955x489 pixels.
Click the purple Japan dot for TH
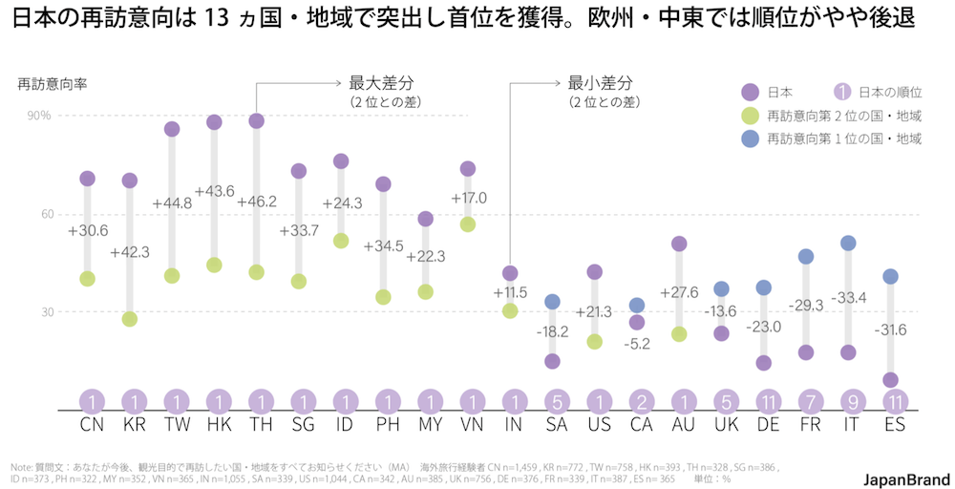(x=256, y=121)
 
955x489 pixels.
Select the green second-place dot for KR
(x=130, y=319)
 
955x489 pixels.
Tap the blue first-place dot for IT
(x=847, y=244)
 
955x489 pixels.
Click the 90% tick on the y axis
(x=39, y=116)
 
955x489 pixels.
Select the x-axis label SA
(x=552, y=423)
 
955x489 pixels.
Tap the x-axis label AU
(x=679, y=423)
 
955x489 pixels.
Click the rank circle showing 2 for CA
(x=637, y=401)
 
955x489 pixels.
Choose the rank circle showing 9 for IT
(x=847, y=401)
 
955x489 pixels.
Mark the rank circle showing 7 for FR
(x=805, y=401)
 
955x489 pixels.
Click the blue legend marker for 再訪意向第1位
(x=750, y=138)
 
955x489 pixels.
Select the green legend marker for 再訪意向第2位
(x=750, y=116)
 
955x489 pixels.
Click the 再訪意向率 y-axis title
(x=53, y=84)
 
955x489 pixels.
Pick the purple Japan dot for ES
(x=890, y=380)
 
